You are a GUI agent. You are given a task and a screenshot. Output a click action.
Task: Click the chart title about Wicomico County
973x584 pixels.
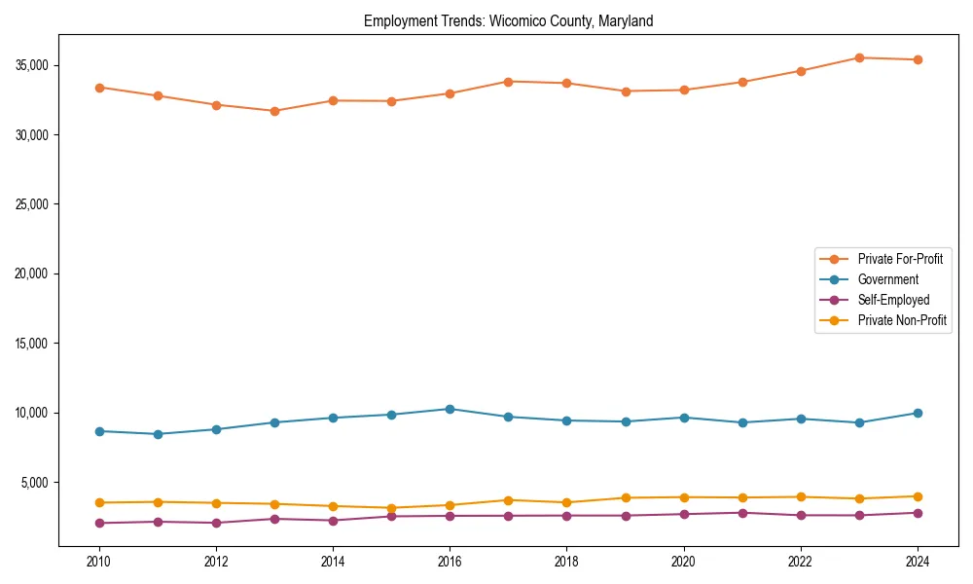(508, 20)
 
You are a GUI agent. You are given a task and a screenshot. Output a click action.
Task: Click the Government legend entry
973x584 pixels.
(887, 279)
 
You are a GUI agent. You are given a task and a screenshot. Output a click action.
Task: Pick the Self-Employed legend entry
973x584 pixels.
(893, 300)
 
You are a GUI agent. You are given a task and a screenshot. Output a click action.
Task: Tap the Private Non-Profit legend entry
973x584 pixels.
(902, 320)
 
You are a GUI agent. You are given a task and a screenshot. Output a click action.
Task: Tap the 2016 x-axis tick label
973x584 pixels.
(450, 562)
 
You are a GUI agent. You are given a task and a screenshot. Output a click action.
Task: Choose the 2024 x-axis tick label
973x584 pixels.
(918, 562)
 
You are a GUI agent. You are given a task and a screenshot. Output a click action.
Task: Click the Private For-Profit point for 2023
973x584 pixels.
(859, 57)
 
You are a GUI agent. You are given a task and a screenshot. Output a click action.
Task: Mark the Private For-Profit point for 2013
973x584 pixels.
(274, 111)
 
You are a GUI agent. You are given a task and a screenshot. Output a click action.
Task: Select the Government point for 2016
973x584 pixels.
(450, 409)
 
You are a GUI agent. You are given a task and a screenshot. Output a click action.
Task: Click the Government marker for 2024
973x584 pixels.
(918, 413)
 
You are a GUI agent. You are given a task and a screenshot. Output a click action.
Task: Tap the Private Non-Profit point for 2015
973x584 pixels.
(391, 508)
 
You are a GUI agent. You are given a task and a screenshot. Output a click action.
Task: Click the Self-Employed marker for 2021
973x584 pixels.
(742, 513)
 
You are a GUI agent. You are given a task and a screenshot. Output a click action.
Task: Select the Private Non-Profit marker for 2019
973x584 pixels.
(626, 497)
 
